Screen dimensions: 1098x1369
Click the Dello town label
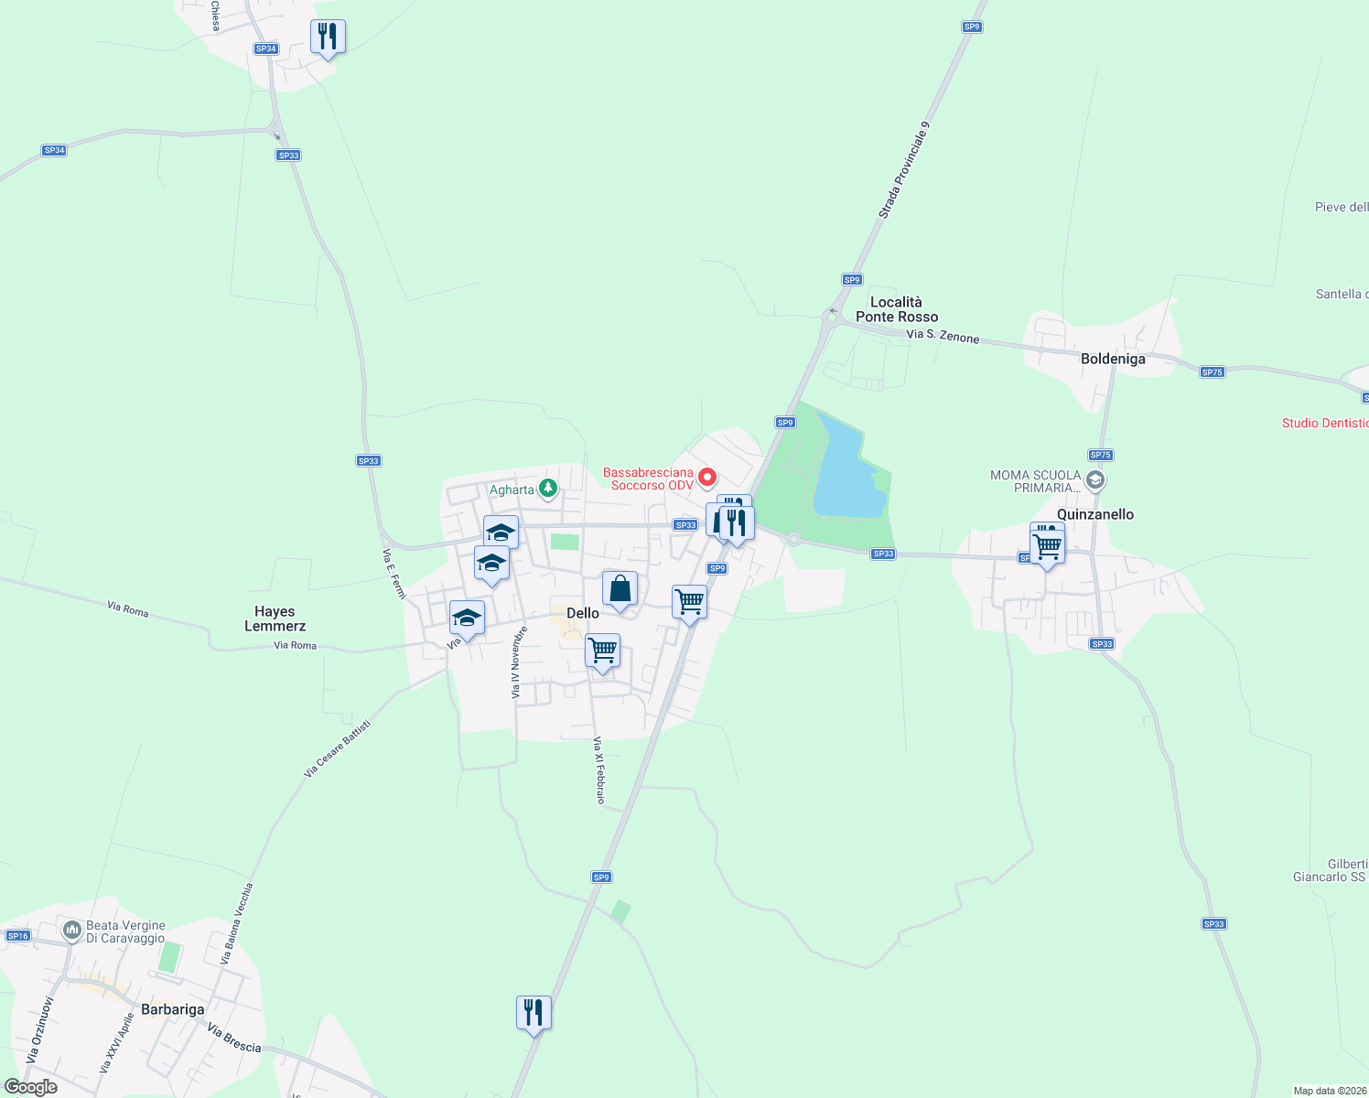click(583, 613)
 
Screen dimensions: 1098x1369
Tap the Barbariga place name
click(173, 1009)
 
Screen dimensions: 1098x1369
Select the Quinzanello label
click(1095, 514)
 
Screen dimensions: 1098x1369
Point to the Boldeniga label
click(1113, 359)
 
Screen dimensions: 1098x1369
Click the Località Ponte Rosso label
click(897, 309)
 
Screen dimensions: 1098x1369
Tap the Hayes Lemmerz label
click(275, 619)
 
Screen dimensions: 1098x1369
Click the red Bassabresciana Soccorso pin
click(707, 477)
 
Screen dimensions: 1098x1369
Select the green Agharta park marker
click(548, 489)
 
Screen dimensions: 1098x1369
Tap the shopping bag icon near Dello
click(620, 589)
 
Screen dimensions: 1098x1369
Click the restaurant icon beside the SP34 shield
click(328, 38)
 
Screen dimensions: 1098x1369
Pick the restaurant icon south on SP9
click(534, 1014)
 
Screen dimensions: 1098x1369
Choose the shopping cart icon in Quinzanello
click(1048, 548)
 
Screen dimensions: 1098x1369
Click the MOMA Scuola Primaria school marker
click(1095, 480)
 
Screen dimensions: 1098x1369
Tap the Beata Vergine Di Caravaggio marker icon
click(72, 931)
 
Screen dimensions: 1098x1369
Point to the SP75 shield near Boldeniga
click(1212, 372)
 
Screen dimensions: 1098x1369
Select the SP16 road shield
click(18, 935)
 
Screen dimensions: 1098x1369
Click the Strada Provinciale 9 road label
click(903, 170)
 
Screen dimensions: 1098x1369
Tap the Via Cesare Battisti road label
click(338, 748)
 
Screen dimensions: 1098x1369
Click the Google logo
click(31, 1087)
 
